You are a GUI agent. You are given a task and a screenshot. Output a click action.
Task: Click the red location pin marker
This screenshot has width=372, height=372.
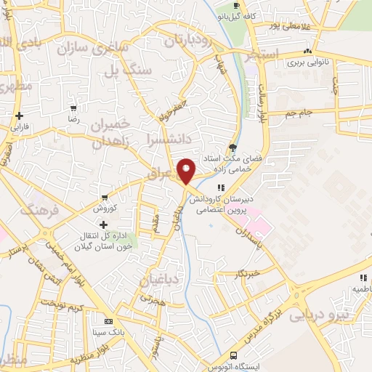tap(187, 170)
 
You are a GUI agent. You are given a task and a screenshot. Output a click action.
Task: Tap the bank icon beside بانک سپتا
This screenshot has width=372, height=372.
tap(109, 320)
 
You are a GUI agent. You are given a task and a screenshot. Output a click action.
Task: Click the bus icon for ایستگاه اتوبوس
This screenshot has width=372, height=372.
tap(234, 355)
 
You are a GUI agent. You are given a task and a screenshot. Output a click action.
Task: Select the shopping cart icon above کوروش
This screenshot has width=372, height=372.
tap(105, 197)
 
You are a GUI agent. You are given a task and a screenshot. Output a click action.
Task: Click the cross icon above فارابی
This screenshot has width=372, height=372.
tap(19, 116)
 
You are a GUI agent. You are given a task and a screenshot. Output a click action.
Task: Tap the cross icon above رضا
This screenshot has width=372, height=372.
tap(73, 106)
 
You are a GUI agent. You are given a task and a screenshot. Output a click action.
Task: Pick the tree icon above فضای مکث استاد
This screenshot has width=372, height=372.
tap(232, 145)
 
